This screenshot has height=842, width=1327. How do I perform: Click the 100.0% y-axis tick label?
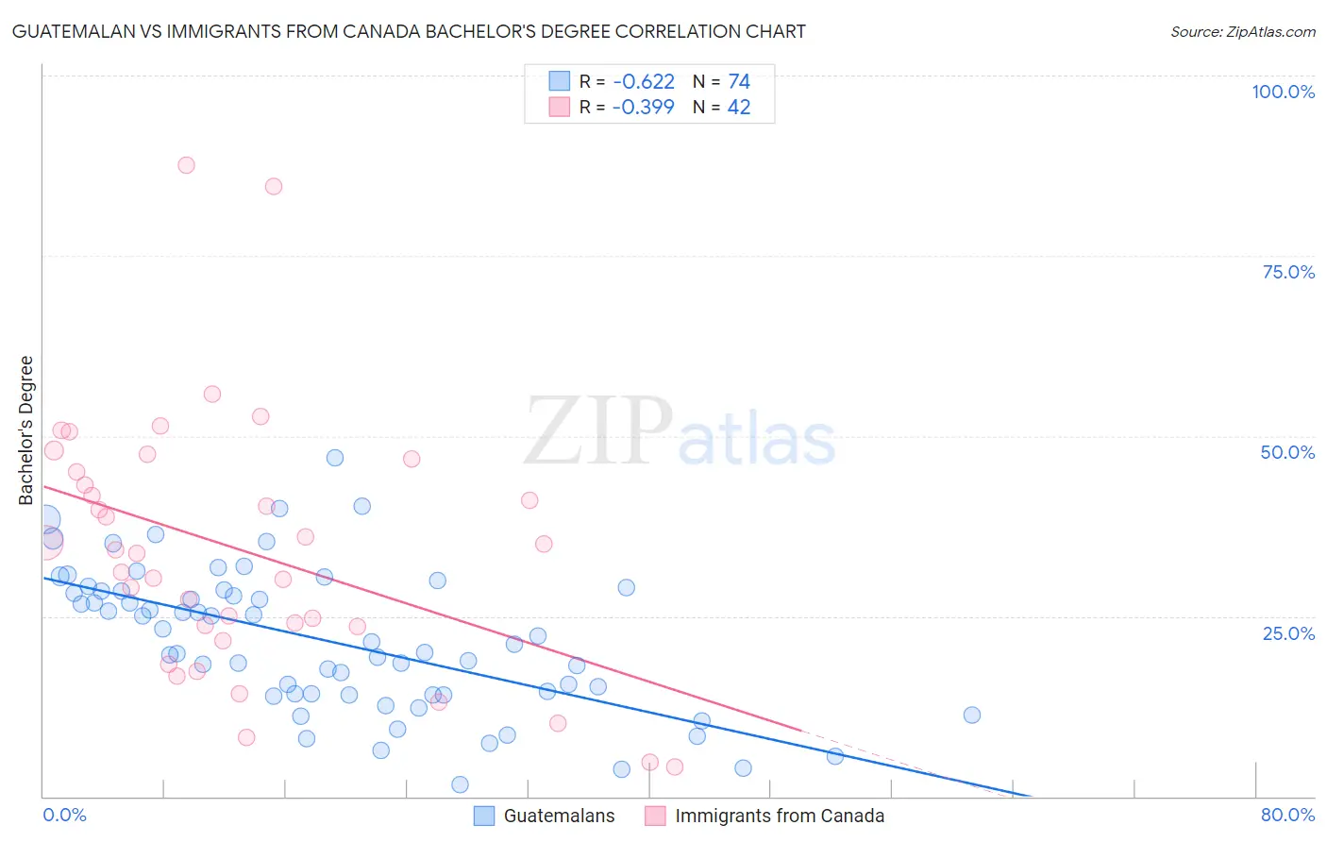(1283, 92)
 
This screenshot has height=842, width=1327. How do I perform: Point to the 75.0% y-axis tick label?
(1288, 272)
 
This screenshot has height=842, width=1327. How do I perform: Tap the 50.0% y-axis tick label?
(1287, 452)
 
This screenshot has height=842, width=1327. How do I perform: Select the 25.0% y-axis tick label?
(1288, 632)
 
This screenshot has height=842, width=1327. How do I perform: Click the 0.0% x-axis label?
(64, 815)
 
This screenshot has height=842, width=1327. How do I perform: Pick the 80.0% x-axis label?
(1287, 815)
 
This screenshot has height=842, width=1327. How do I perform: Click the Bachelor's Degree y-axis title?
(26, 430)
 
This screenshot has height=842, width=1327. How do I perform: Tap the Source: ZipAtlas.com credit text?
(1242, 31)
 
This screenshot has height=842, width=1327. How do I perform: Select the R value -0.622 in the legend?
(643, 82)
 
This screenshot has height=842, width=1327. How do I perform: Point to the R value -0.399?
(643, 107)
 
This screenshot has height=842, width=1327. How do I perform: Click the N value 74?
(738, 82)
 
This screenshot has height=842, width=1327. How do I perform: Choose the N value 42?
(738, 107)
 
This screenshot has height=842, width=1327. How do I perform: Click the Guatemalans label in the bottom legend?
(559, 816)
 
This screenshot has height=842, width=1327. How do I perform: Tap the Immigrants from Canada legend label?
(780, 816)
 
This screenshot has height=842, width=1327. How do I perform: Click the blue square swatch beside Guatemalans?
(484, 816)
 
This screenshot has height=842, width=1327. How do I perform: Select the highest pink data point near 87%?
(186, 165)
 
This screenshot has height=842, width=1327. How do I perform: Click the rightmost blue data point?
(972, 715)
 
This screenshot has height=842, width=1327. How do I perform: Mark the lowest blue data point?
(460, 784)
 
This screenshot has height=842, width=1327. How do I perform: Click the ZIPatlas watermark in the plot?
(680, 432)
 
